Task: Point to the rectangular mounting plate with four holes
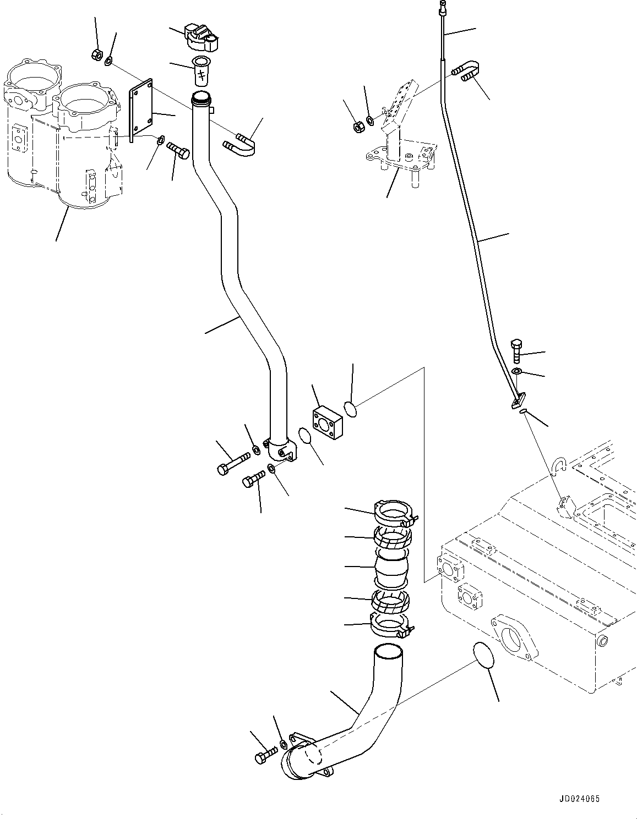coord(142,110)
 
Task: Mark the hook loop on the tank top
coord(561,466)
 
